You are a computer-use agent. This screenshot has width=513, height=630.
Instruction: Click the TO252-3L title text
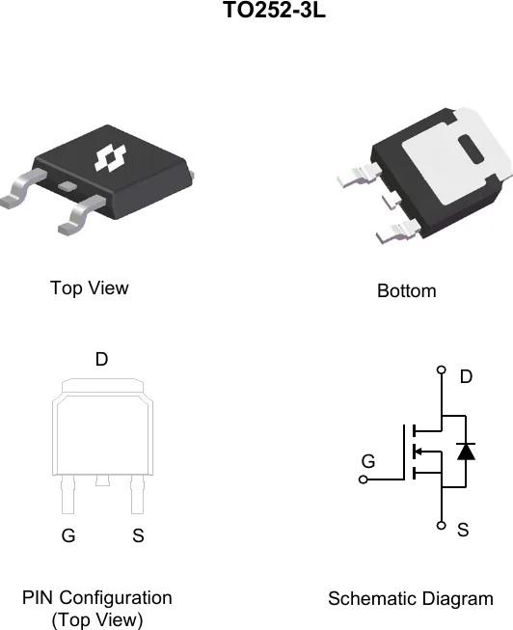pyautogui.click(x=274, y=10)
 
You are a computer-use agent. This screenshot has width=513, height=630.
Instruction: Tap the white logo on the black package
pyautogui.click(x=110, y=158)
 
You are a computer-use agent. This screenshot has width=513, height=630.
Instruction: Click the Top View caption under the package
pyautogui.click(x=89, y=288)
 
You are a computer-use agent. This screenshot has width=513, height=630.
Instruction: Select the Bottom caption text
pyautogui.click(x=407, y=291)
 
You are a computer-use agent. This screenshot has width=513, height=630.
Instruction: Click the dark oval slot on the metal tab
pyautogui.click(x=471, y=150)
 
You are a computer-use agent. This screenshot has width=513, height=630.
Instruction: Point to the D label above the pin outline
pyautogui.click(x=101, y=359)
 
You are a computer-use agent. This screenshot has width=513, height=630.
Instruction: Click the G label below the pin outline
pyautogui.click(x=68, y=535)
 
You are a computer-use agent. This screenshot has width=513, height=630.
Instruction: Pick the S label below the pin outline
pyautogui.click(x=138, y=535)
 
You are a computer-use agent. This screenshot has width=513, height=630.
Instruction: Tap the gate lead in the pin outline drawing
pyautogui.click(x=67, y=495)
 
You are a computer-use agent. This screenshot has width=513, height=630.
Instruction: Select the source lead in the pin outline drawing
pyautogui.click(x=137, y=495)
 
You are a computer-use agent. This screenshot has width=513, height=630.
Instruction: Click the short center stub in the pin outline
pyautogui.click(x=102, y=480)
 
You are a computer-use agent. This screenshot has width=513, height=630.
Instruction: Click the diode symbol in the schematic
pyautogui.click(x=466, y=452)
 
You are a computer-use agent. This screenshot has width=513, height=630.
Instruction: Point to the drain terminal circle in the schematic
pyautogui.click(x=441, y=370)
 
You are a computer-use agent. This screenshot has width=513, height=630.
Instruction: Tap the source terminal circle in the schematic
pyautogui.click(x=441, y=525)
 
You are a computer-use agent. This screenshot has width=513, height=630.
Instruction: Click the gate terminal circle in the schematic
pyautogui.click(x=364, y=479)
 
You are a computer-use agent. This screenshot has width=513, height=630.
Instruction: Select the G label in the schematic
pyautogui.click(x=368, y=461)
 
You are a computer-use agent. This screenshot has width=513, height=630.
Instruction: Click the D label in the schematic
pyautogui.click(x=466, y=377)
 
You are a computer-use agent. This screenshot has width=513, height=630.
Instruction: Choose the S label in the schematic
pyautogui.click(x=463, y=530)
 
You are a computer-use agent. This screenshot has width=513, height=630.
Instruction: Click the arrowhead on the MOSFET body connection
pyautogui.click(x=418, y=452)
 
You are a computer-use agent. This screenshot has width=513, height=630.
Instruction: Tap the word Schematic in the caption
pyautogui.click(x=369, y=599)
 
